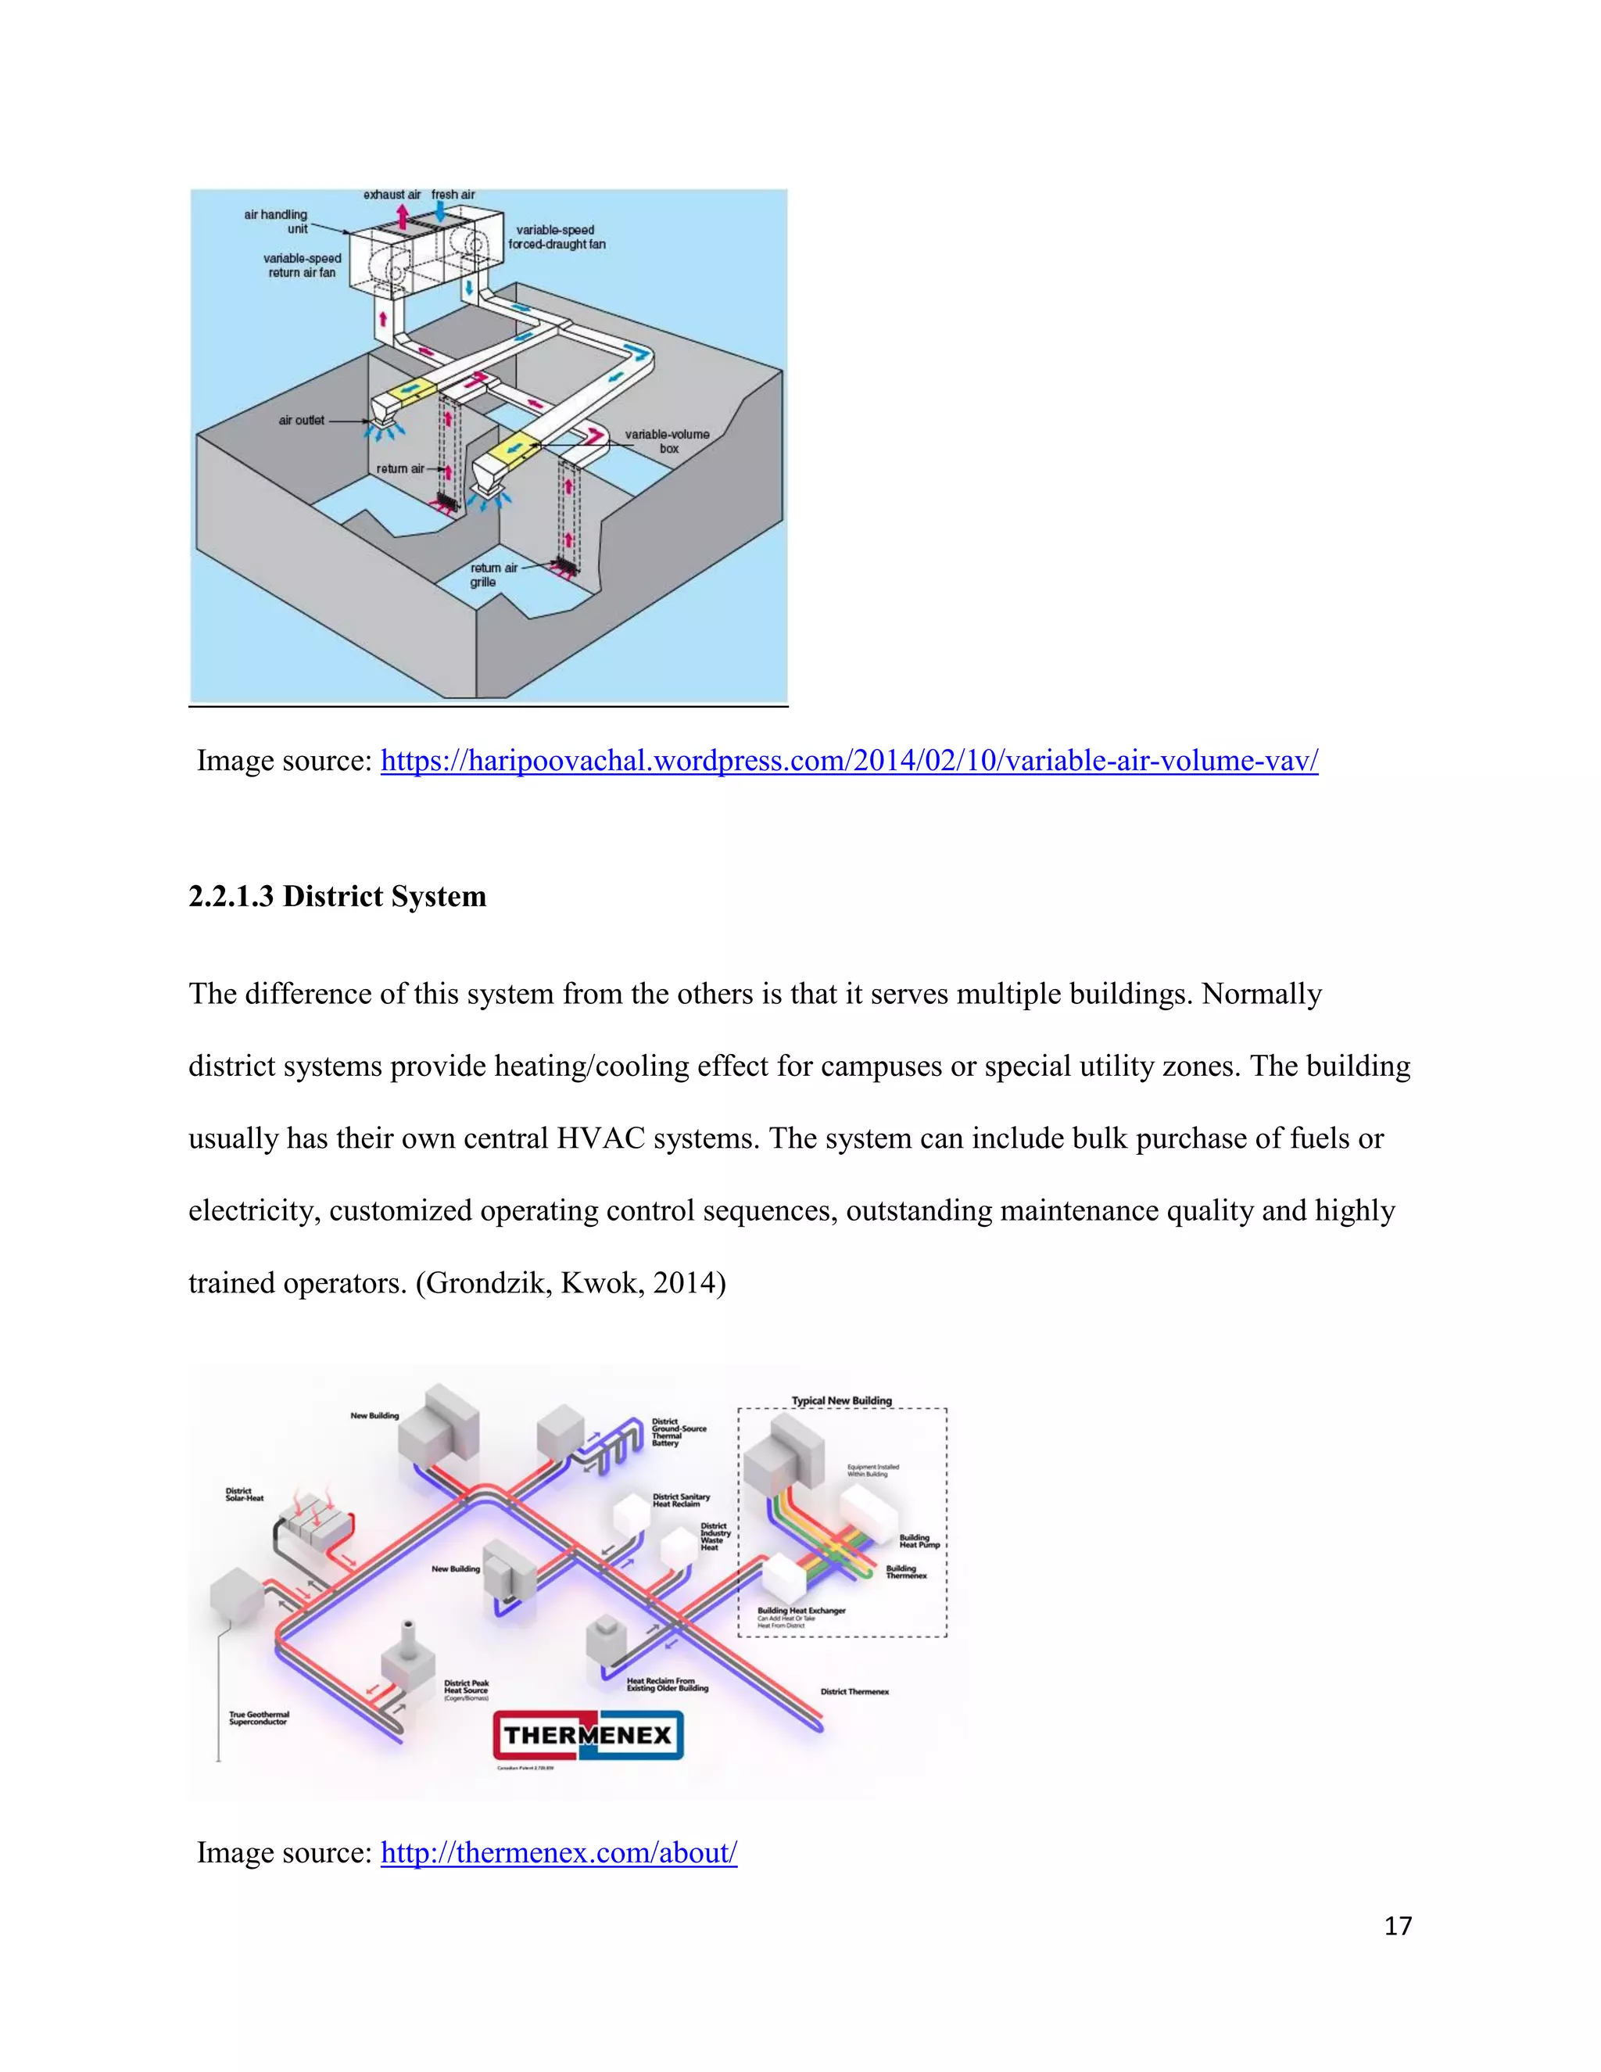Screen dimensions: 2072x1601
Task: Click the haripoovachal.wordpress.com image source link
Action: tap(849, 761)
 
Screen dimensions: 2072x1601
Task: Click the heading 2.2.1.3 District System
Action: tap(337, 897)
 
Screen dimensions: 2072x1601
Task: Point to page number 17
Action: tap(1397, 1926)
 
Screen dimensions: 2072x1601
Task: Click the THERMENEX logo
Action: tap(588, 1735)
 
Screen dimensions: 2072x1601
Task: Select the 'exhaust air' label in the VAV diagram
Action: tap(392, 195)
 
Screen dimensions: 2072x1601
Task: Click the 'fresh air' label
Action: tap(453, 195)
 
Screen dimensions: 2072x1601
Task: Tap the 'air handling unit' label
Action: tap(277, 222)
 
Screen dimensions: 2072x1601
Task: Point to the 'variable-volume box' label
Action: tap(667, 441)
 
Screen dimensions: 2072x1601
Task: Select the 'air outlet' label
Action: tap(302, 421)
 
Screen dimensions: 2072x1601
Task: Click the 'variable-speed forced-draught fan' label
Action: tap(556, 237)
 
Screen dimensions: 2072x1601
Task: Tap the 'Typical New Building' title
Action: tap(841, 1400)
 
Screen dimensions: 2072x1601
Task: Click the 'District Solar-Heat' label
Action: tap(245, 1494)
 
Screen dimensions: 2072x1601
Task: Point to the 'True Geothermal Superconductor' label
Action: tap(259, 1718)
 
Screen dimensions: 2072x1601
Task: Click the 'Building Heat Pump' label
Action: tap(919, 1542)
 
